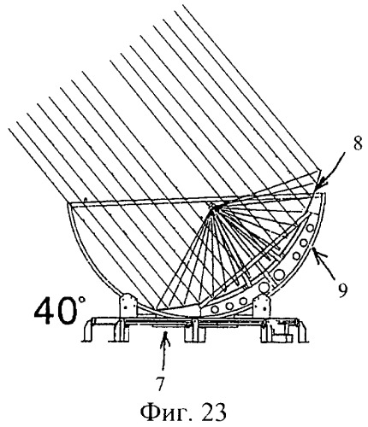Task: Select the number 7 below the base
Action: click(x=160, y=384)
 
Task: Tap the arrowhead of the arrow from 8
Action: click(x=320, y=185)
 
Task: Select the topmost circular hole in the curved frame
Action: click(x=310, y=228)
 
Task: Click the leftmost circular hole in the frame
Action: click(x=216, y=308)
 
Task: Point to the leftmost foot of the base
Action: click(x=88, y=330)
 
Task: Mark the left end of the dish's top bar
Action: click(x=68, y=203)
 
